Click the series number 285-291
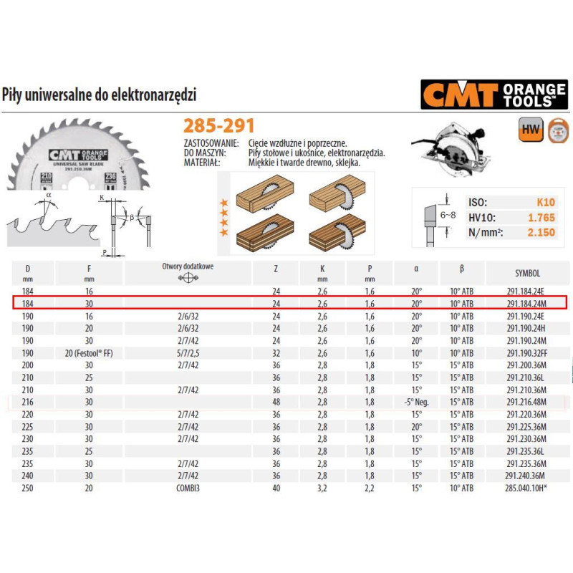pos(219,126)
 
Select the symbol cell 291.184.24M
pos(525,304)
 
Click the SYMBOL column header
pos(527,273)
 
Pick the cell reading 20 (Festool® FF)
pos(89,352)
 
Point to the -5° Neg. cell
pos(416,403)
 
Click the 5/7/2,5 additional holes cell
pos(188,352)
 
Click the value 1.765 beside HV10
pos(541,217)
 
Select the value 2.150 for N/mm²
pos(541,232)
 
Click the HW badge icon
pos(529,130)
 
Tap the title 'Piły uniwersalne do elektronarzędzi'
pos(100,95)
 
